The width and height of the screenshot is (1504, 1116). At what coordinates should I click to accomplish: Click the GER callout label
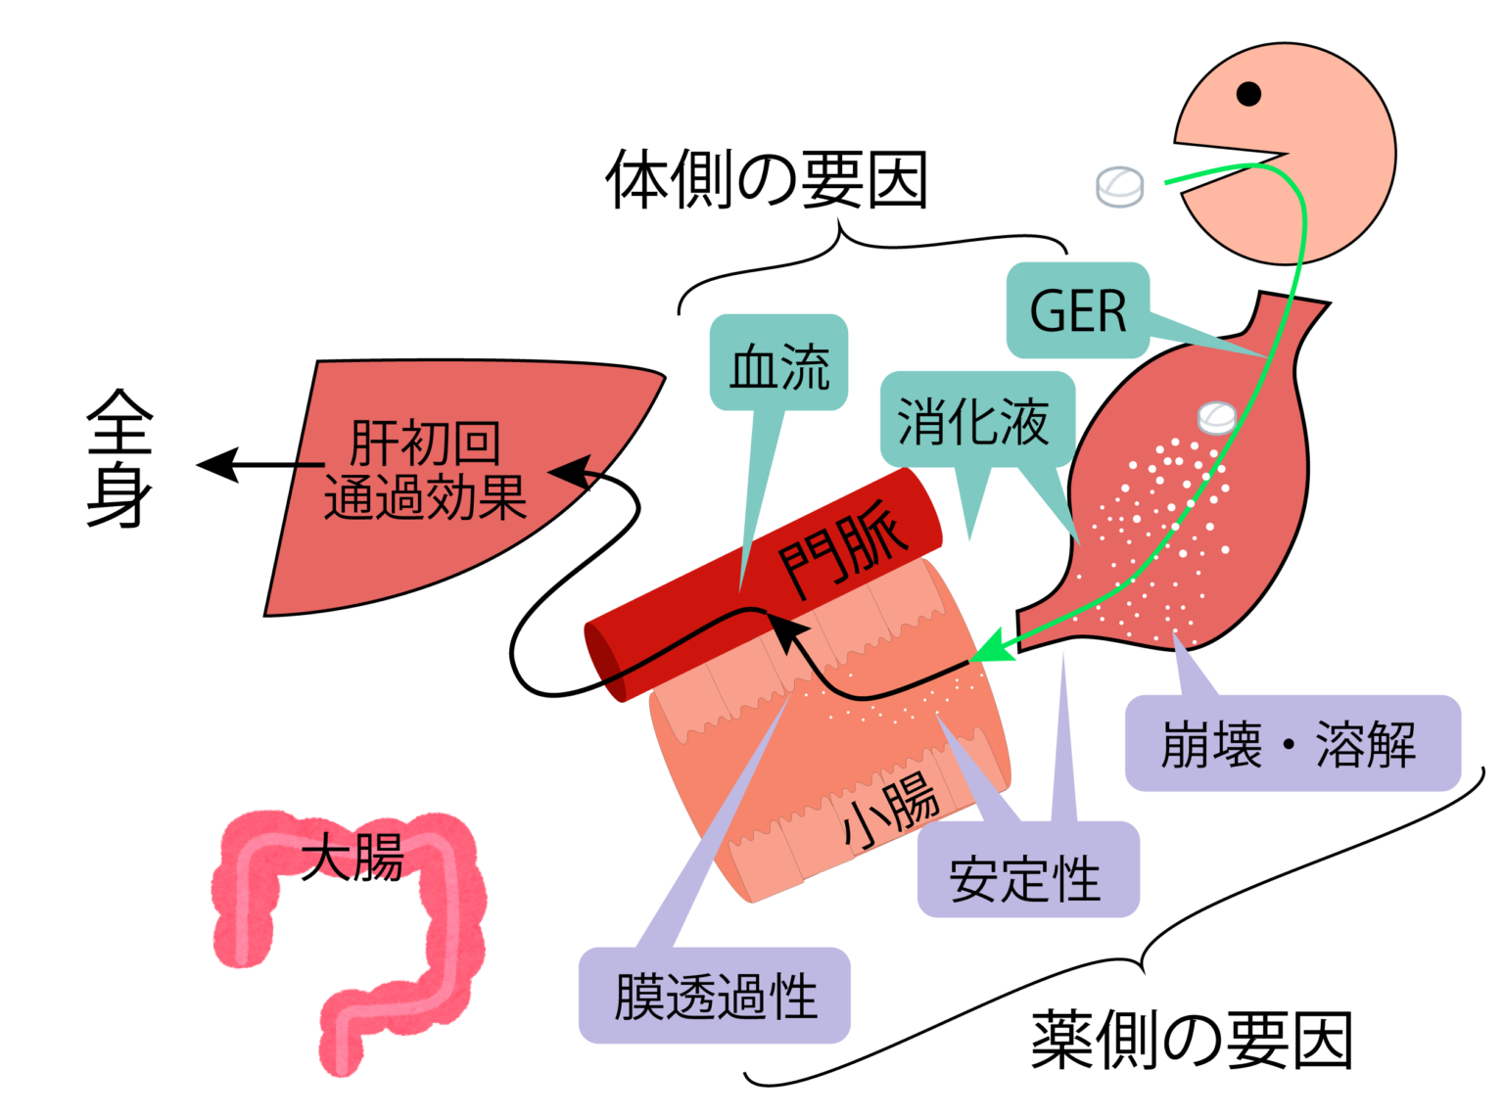tap(1077, 310)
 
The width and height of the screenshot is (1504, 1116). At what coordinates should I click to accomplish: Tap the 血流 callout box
tap(778, 363)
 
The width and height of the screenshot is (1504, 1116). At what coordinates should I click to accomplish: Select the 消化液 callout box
tap(976, 420)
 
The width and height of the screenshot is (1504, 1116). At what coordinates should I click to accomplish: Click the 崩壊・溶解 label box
tap(1291, 744)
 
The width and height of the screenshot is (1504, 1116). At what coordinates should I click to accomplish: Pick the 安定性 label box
tap(1027, 871)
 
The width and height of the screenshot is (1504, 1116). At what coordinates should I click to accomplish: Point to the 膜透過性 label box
tap(714, 996)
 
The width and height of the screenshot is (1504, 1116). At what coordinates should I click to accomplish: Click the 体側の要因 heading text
tap(766, 180)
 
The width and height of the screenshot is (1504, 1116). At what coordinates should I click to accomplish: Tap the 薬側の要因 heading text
tap(1191, 1040)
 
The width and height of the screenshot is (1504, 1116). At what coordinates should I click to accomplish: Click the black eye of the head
tap(1248, 94)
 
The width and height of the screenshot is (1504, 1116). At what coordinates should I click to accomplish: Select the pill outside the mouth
tap(1119, 186)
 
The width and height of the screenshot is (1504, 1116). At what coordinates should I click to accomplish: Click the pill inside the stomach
tap(1217, 417)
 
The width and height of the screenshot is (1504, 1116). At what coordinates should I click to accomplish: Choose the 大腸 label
tap(352, 859)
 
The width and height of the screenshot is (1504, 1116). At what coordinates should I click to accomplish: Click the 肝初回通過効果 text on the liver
tap(425, 470)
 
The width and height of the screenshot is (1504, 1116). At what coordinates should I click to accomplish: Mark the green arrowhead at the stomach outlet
tap(987, 648)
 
